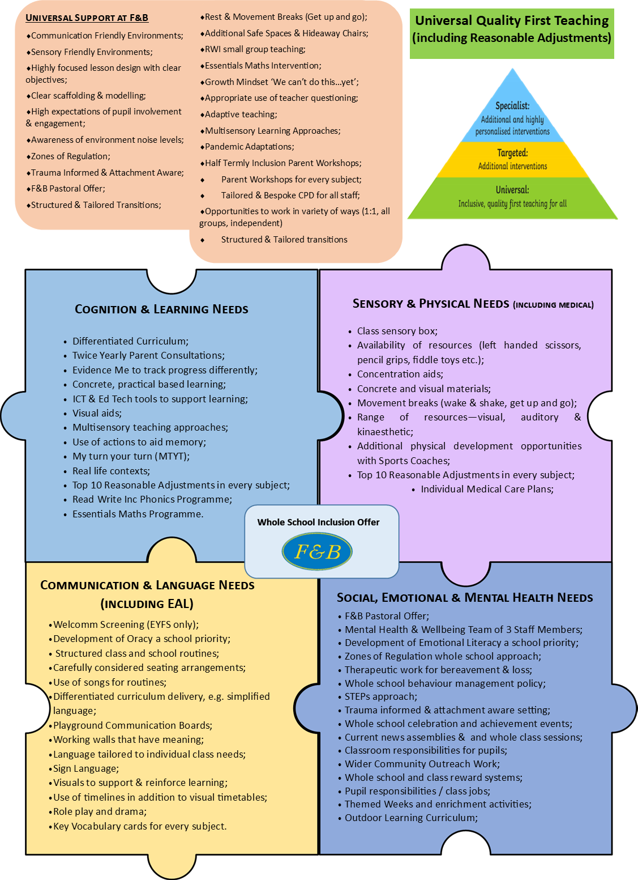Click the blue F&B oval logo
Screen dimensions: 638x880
click(317, 551)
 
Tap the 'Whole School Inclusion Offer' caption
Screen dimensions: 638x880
click(318, 522)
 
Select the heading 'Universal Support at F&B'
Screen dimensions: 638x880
click(87, 18)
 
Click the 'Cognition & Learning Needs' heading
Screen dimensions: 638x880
click(161, 309)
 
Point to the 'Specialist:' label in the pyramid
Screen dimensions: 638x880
click(512, 105)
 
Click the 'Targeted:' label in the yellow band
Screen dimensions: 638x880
click(512, 153)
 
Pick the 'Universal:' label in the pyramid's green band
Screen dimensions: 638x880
click(512, 190)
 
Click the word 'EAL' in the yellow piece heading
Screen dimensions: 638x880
click(178, 603)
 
